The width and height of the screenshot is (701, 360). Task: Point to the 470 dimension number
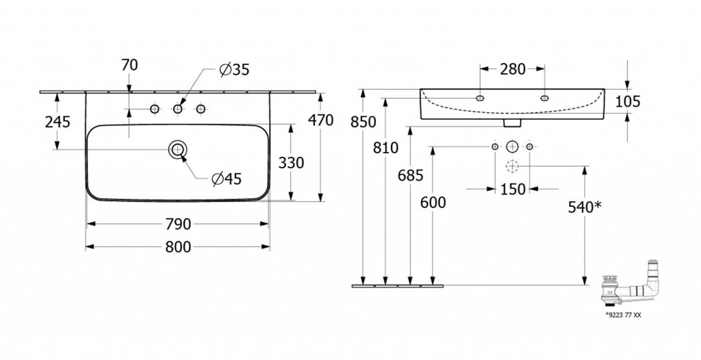320,121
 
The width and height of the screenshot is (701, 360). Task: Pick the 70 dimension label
129,66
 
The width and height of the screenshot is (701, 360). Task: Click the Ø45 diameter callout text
227,179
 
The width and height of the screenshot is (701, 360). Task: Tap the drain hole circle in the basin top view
177,149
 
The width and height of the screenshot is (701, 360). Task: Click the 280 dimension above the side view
512,68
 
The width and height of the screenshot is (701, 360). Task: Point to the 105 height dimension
627,102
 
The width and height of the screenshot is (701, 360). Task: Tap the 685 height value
410,176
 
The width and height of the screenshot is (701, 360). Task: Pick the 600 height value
433,203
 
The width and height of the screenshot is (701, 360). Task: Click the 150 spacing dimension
512,189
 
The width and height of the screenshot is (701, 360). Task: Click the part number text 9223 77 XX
624,316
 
